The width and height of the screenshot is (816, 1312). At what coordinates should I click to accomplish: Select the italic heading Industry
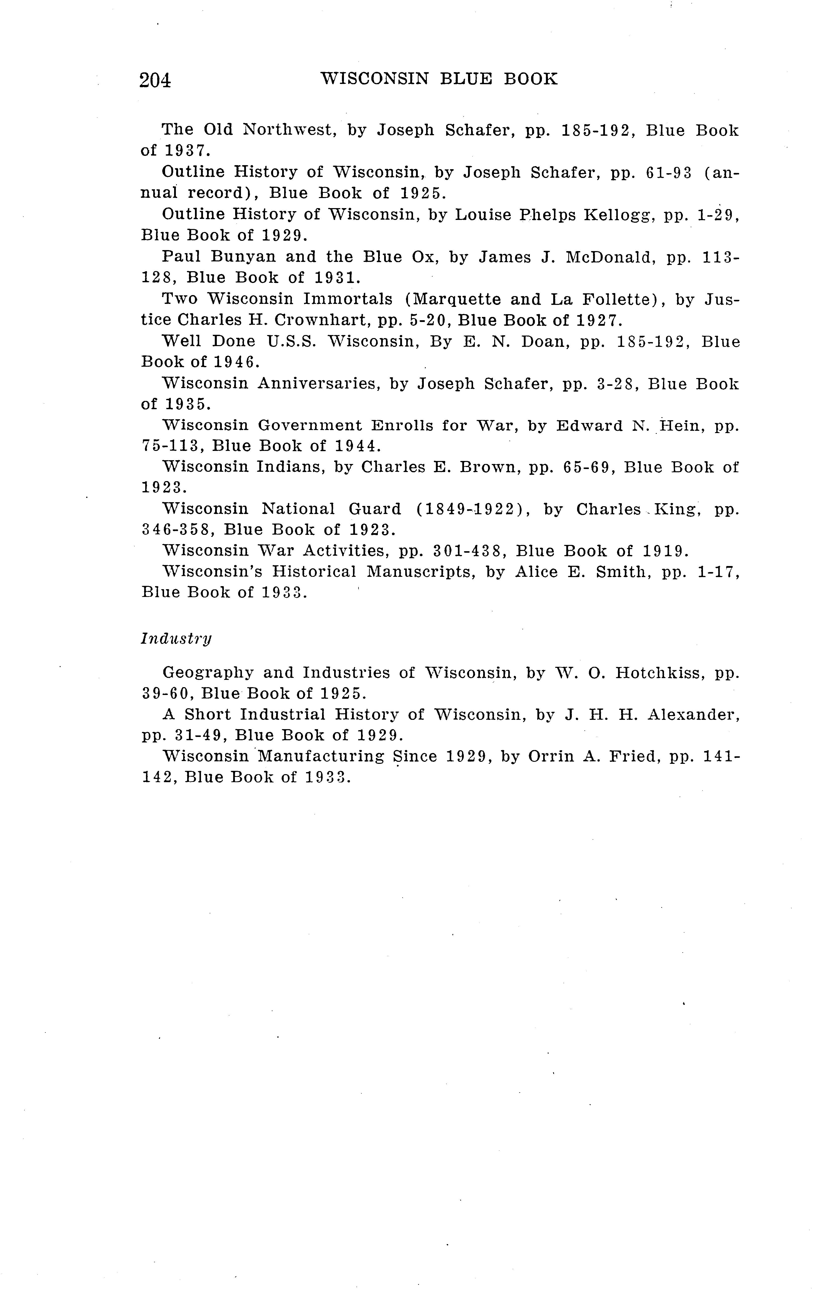pos(176,639)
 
